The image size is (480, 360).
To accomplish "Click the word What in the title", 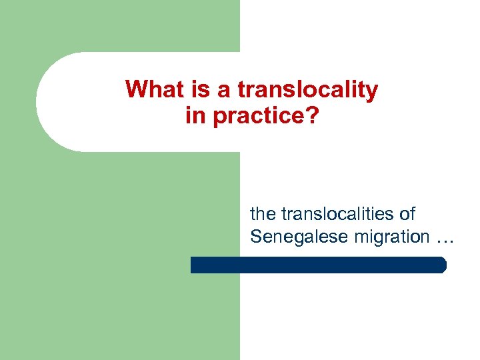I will point(152,89).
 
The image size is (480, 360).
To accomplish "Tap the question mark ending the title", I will point(313,116).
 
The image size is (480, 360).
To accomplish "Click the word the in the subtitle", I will point(263,214).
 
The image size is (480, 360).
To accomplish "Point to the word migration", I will point(385,236).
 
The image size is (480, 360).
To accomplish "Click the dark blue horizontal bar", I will point(317,265).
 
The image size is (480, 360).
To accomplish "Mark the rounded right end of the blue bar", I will point(442,265).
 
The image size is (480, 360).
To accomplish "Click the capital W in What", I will point(135,89).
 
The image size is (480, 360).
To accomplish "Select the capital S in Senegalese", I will point(255,236).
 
